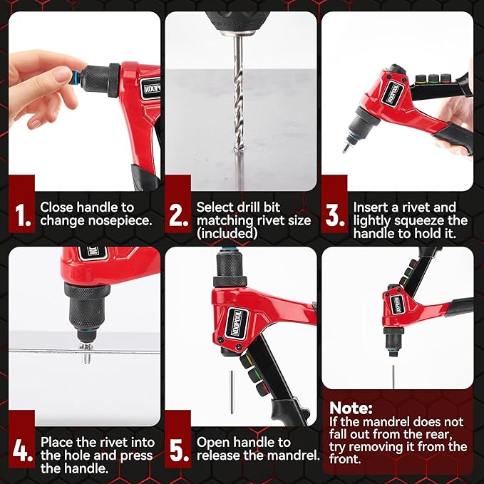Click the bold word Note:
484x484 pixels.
click(x=351, y=408)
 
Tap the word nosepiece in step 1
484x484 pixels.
click(x=121, y=220)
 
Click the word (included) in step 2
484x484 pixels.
click(x=226, y=233)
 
